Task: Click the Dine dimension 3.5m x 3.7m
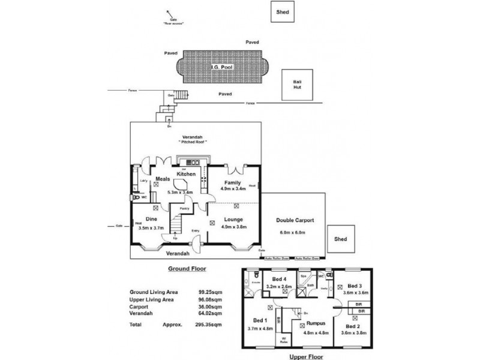click(151, 229)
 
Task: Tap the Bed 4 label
click(279, 280)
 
